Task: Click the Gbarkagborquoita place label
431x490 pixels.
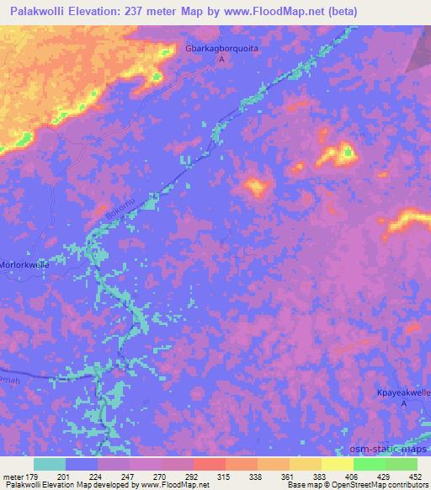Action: tap(222, 49)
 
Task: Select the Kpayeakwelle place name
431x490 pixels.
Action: tap(402, 392)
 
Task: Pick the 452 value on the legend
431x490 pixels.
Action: tap(417, 477)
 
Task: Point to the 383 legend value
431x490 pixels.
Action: tap(321, 477)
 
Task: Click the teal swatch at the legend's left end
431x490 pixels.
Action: tap(50, 464)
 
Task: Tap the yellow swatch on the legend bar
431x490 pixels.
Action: tap(337, 464)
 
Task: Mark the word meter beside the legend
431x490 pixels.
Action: tap(12, 477)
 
